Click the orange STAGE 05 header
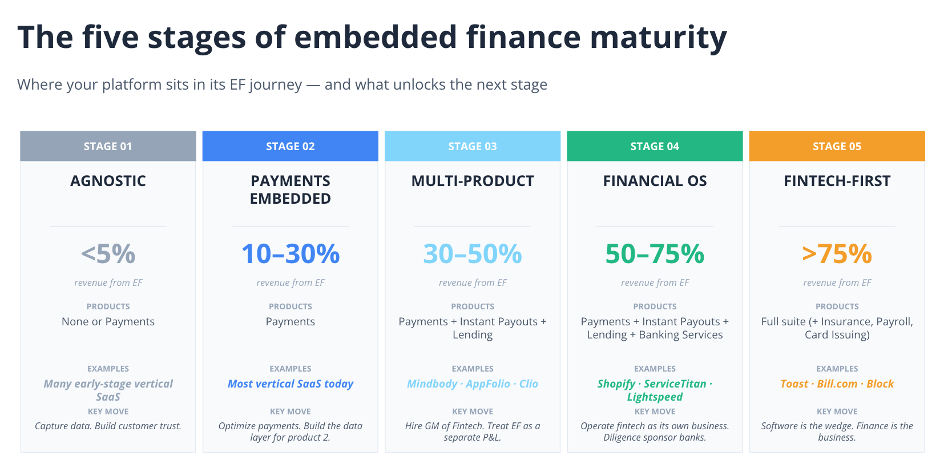point(837,146)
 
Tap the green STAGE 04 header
point(655,146)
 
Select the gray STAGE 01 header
point(108,146)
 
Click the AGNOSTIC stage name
point(108,181)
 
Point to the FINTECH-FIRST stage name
point(837,181)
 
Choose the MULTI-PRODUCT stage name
point(473,181)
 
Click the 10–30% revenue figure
point(291,254)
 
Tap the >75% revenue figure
point(837,254)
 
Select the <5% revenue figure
point(108,254)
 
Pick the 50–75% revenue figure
point(655,254)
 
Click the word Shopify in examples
point(616,384)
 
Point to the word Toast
point(794,384)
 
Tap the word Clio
point(529,384)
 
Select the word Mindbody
point(432,384)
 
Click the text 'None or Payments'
point(108,321)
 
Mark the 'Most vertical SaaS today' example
point(291,384)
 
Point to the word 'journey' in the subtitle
point(276,84)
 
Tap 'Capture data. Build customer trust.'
point(108,426)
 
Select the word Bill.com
point(837,384)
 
